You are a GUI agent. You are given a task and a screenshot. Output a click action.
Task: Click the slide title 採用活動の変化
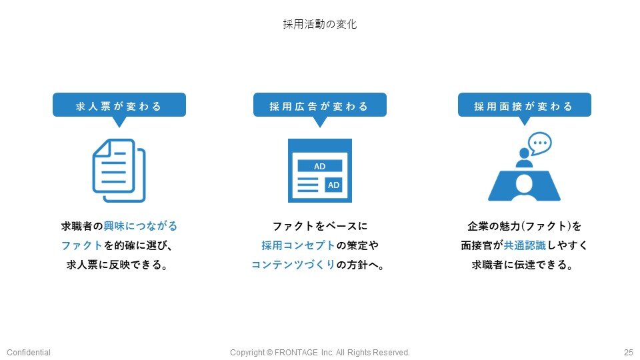click(319, 24)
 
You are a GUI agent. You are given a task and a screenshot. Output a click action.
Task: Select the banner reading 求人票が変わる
click(119, 105)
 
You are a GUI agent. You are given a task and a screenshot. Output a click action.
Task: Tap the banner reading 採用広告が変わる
click(320, 105)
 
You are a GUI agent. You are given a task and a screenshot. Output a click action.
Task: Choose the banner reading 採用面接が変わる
click(525, 105)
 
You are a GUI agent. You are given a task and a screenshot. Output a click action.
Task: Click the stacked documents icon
click(119, 171)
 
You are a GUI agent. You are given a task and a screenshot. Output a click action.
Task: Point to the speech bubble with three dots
click(539, 143)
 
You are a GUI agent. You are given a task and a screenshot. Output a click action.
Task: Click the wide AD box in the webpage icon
click(320, 166)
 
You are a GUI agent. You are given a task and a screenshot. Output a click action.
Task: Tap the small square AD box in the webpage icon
click(333, 185)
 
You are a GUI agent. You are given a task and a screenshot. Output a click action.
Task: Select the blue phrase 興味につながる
click(141, 226)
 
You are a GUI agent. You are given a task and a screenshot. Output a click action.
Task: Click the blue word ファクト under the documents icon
click(81, 245)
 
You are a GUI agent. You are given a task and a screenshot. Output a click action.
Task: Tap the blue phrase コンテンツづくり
click(293, 265)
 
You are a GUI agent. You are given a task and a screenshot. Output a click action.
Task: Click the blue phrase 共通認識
click(525, 245)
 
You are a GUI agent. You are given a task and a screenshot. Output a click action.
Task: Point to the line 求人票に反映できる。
click(117, 265)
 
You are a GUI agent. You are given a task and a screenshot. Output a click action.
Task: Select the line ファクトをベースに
click(320, 226)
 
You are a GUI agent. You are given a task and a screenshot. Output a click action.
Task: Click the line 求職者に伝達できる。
click(523, 265)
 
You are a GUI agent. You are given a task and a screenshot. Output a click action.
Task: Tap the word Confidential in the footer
click(29, 352)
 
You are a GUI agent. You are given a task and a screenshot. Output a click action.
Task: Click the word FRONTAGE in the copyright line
click(296, 352)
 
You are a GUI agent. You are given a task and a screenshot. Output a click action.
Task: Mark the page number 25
click(629, 352)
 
